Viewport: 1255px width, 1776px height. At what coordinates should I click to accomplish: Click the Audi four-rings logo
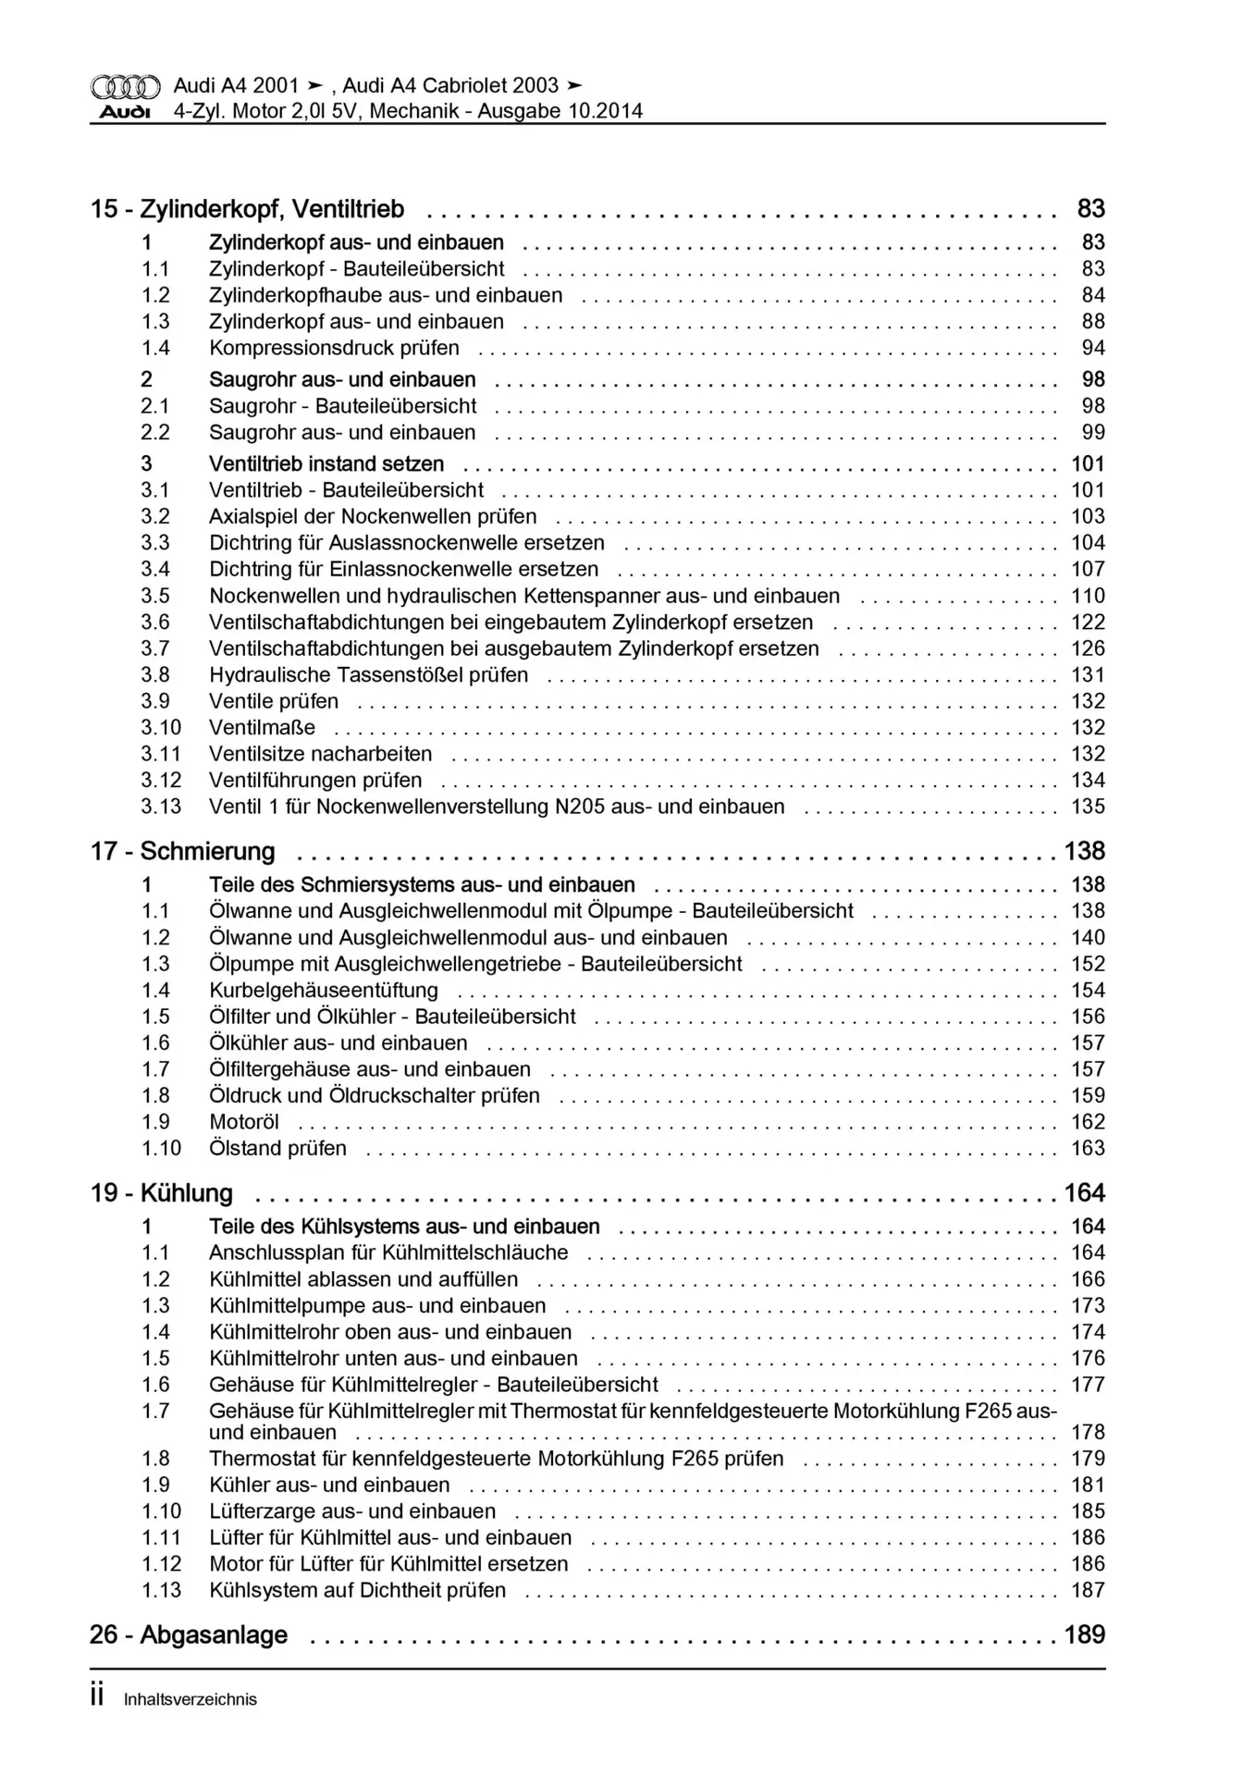pos(125,87)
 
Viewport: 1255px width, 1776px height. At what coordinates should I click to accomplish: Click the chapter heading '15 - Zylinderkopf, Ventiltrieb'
pos(247,209)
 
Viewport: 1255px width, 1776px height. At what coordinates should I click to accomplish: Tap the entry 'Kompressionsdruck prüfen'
pos(334,348)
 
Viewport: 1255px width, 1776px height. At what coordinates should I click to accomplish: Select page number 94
pos(1093,348)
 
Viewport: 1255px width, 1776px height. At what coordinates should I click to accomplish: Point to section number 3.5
pos(155,596)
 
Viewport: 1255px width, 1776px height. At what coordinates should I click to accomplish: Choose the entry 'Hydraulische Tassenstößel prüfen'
pos(368,674)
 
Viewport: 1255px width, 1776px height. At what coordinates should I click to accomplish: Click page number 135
pos(1088,807)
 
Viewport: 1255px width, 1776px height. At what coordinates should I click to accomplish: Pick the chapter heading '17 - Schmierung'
pos(182,851)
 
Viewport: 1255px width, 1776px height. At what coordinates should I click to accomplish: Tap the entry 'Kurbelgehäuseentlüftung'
pos(324,990)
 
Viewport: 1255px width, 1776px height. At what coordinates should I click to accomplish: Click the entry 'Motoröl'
pos(244,1122)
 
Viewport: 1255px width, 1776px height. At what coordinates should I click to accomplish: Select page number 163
pos(1088,1148)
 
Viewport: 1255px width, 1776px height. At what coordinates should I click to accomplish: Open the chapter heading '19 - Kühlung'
pos(161,1193)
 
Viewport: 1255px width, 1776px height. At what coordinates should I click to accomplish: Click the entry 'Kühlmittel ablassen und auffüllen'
pos(363,1279)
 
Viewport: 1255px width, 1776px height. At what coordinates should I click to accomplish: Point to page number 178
pos(1088,1432)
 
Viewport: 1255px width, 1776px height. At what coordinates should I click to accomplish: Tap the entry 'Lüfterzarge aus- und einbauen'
pos(352,1511)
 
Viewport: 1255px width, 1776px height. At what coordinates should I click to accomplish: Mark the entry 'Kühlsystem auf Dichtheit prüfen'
pos(357,1590)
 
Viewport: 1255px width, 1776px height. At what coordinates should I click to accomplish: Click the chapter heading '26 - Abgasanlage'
pos(189,1634)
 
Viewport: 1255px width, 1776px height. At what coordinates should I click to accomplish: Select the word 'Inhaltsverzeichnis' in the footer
pos(190,1699)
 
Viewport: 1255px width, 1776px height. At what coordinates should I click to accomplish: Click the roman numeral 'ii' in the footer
pos(97,1696)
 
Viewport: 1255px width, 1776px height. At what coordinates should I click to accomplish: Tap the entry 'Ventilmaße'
pos(262,727)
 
